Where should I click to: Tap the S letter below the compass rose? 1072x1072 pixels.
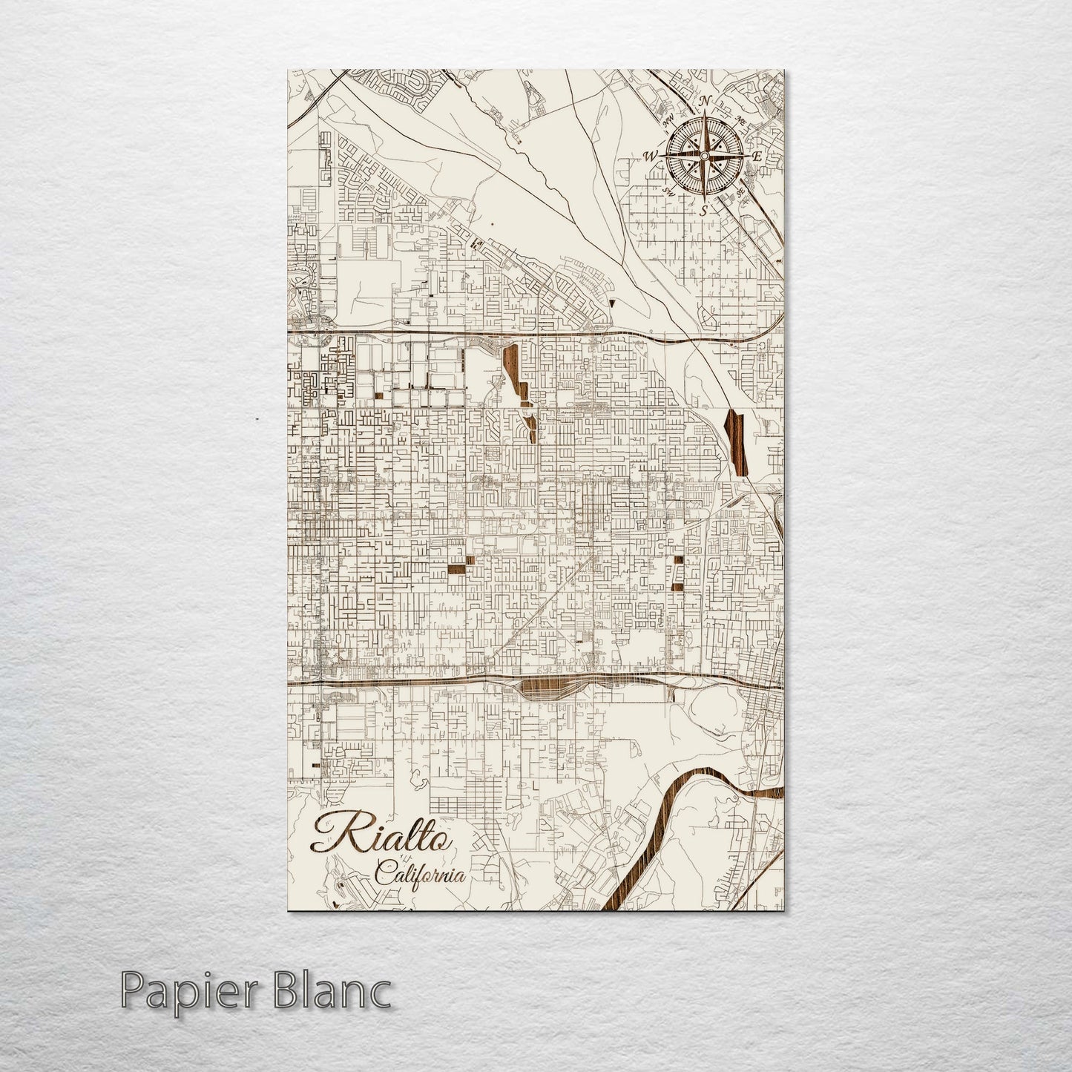703,211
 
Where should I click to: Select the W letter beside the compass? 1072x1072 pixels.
651,156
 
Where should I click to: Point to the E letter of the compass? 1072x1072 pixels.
757,157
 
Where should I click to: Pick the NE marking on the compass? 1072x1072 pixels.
740,119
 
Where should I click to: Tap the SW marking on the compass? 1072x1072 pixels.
668,191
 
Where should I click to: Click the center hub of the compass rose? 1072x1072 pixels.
704,156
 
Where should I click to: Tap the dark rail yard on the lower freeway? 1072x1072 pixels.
547,690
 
